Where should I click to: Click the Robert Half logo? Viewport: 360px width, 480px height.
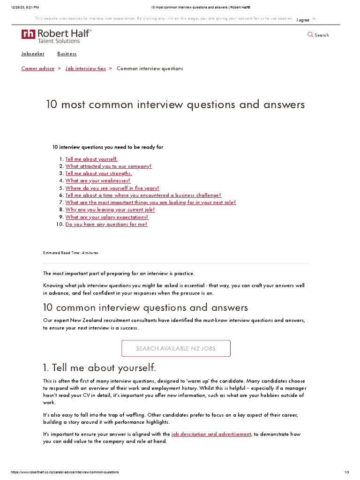click(56, 36)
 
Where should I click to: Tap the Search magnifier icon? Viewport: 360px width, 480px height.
click(310, 35)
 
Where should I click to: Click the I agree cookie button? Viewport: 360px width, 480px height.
click(303, 20)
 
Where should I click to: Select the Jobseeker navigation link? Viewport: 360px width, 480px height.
click(33, 54)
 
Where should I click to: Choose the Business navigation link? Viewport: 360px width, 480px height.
click(67, 54)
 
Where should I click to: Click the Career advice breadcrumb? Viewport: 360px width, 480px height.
click(38, 68)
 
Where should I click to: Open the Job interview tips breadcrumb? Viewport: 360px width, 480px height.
click(86, 68)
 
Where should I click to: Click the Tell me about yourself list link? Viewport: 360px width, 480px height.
click(91, 159)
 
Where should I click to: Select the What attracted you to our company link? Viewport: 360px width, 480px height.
click(108, 166)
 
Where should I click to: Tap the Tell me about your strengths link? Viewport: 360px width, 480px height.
click(98, 173)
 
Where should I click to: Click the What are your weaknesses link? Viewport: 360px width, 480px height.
click(97, 180)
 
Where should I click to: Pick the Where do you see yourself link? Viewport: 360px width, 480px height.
click(112, 188)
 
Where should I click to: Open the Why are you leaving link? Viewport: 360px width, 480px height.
click(110, 210)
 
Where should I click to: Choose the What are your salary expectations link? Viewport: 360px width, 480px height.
click(107, 217)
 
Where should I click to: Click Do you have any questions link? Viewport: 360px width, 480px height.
click(106, 224)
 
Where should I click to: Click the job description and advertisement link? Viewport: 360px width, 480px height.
click(211, 434)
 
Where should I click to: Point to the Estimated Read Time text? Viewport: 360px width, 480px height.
click(71, 253)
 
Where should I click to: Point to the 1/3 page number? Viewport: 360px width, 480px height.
click(346, 472)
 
